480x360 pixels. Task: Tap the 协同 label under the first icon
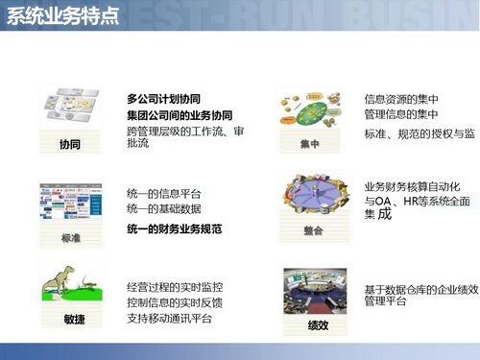click(68, 145)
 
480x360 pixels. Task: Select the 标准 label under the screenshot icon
click(69, 236)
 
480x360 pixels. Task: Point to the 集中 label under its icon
click(308, 145)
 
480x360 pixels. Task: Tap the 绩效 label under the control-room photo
click(317, 325)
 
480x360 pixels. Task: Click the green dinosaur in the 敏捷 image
click(61, 278)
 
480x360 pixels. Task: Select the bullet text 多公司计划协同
click(163, 99)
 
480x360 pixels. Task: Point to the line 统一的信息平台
click(163, 192)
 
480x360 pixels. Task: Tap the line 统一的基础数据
click(163, 208)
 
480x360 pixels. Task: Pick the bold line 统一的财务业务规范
click(174, 229)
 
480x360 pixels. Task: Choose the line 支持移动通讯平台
click(169, 319)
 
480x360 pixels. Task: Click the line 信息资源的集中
click(401, 99)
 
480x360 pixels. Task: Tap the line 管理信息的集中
click(401, 115)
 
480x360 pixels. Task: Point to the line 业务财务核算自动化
click(413, 185)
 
